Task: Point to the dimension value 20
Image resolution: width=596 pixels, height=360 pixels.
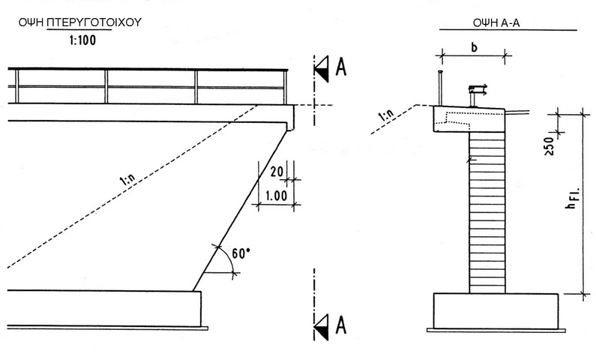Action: pyautogui.click(x=275, y=171)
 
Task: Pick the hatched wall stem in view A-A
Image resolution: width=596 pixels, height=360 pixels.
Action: pyautogui.click(x=487, y=210)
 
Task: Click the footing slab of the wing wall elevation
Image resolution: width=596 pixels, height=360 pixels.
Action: pyautogui.click(x=100, y=307)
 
